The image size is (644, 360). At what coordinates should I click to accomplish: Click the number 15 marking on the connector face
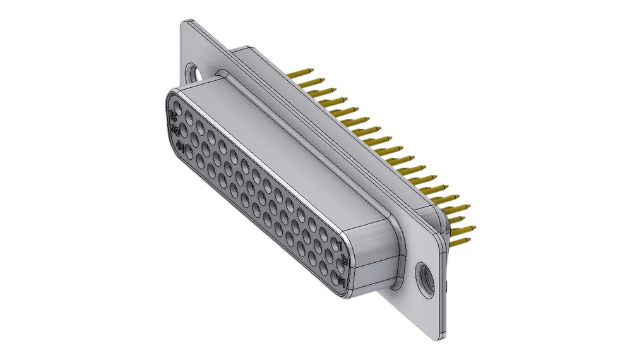[x=173, y=116]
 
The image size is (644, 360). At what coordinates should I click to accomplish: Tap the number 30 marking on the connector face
[x=176, y=131]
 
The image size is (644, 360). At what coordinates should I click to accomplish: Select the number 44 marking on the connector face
[x=181, y=147]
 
